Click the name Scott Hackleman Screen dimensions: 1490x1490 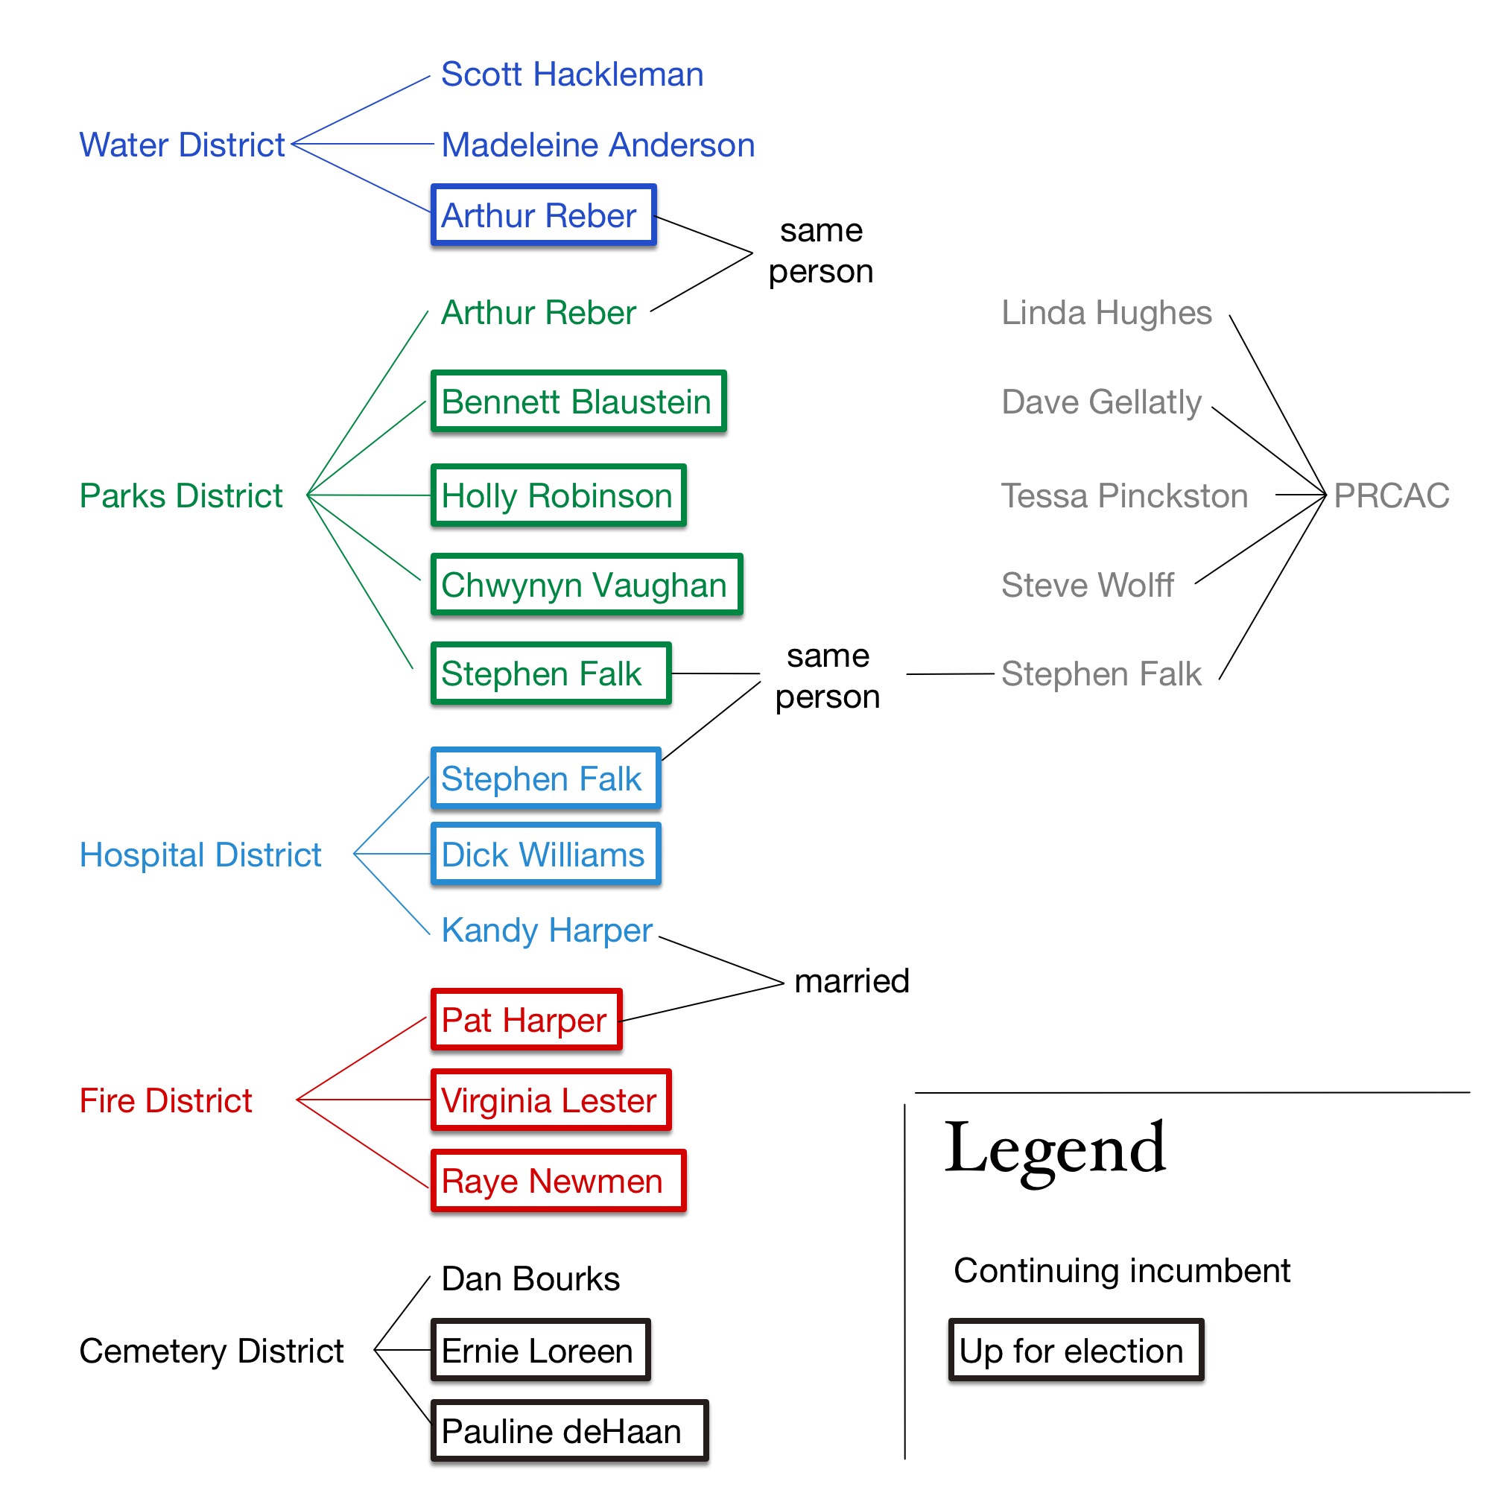pyautogui.click(x=571, y=74)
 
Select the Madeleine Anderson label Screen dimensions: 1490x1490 pyautogui.click(x=597, y=145)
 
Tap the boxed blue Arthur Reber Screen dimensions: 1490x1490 pyautogui.click(x=543, y=215)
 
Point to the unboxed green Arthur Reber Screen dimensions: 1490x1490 pyautogui.click(x=539, y=312)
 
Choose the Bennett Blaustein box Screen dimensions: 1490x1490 pyautogui.click(x=578, y=402)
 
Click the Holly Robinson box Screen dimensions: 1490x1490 pyautogui.click(x=558, y=496)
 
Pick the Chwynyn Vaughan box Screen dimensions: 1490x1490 pyautogui.click(x=586, y=585)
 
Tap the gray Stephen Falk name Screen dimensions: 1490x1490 pyautogui.click(x=1100, y=674)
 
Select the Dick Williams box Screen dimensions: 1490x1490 pyautogui.click(x=545, y=855)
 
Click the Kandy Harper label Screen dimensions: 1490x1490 pyautogui.click(x=547, y=930)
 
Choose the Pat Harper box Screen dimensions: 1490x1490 pyautogui.click(x=526, y=1021)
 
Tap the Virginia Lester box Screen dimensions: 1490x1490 pyautogui.click(x=551, y=1100)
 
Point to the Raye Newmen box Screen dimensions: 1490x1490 pyautogui.click(x=557, y=1181)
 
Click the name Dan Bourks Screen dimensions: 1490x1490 pyautogui.click(x=530, y=1278)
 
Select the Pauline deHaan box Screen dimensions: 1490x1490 pyautogui.click(x=569, y=1431)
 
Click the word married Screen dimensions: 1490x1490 pyautogui.click(x=852, y=981)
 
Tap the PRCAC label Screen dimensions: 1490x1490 pyautogui.click(x=1390, y=496)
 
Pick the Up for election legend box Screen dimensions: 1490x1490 pyautogui.click(x=1075, y=1351)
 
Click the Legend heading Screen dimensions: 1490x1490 pyautogui.click(x=1054, y=1150)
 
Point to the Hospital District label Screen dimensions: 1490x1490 pyautogui.click(x=200, y=855)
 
